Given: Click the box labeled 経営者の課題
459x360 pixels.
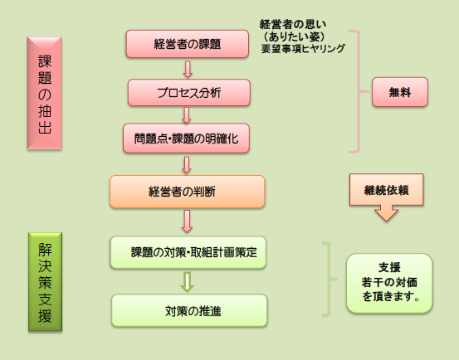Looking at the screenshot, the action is tap(188, 44).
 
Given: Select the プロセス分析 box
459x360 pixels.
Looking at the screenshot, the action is tap(189, 93).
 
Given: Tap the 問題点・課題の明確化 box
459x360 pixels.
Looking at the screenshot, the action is tap(186, 138).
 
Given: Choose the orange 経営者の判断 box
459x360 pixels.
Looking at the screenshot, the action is tap(188, 192).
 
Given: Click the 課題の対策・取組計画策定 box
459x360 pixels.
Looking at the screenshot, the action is tap(188, 252).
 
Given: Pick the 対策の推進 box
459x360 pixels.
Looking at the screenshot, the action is tap(189, 310).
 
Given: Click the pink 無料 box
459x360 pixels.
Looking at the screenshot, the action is tap(400, 92).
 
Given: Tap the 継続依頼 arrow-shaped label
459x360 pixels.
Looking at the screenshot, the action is tap(387, 197).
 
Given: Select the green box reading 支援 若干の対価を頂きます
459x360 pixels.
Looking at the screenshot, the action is tap(389, 283).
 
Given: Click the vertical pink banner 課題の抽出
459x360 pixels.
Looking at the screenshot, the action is tap(45, 93).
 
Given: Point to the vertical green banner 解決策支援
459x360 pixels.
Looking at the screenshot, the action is tap(45, 282).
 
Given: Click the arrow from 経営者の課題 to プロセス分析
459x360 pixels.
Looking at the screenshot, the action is tap(188, 70).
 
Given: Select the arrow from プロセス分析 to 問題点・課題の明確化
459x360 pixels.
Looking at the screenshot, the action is tap(187, 115).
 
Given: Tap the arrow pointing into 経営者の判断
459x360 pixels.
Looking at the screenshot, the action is tap(187, 165).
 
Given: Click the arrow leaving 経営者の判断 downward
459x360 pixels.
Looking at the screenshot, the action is tap(187, 221).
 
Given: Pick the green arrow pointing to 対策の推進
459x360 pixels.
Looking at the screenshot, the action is tap(188, 282).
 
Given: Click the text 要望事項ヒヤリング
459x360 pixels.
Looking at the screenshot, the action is tap(303, 49).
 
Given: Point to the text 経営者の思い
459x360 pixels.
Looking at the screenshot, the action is tap(293, 24).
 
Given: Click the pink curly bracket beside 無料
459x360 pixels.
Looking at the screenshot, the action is tap(359, 91).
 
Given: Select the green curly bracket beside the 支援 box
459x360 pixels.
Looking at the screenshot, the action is tap(330, 280).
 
